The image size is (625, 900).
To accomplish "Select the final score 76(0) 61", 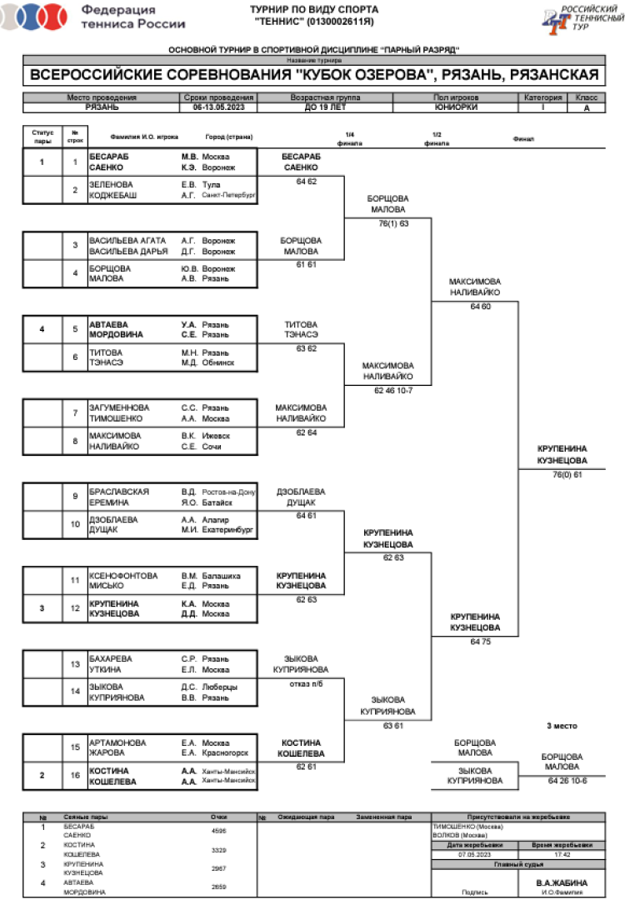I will pyautogui.click(x=567, y=474).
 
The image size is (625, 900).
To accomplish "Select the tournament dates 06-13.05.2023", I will pyautogui.click(x=218, y=107).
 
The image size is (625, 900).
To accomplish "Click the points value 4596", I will pyautogui.click(x=220, y=831).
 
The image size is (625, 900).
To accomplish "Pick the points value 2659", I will pyautogui.click(x=220, y=887).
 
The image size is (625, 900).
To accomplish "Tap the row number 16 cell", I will pyautogui.click(x=75, y=776).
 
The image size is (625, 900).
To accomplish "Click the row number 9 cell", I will pyautogui.click(x=75, y=497).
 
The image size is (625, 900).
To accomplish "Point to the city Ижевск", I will pyautogui.click(x=216, y=435).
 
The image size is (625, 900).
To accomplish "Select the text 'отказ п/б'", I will pyautogui.click(x=300, y=683).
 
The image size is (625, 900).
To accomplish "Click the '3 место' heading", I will pyautogui.click(x=562, y=726).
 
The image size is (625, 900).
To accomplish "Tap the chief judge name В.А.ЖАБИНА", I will pyautogui.click(x=562, y=882).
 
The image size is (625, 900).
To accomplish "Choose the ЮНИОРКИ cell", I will pyautogui.click(x=457, y=107).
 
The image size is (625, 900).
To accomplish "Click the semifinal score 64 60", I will pyautogui.click(x=475, y=307).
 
